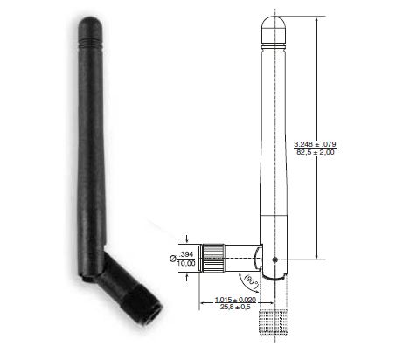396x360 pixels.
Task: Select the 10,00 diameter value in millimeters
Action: pyautogui.click(x=185, y=262)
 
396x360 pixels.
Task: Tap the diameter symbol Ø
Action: pyautogui.click(x=171, y=258)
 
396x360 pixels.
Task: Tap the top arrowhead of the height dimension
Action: pyautogui.click(x=316, y=18)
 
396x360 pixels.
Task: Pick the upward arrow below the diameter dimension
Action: pyautogui.click(x=186, y=277)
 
